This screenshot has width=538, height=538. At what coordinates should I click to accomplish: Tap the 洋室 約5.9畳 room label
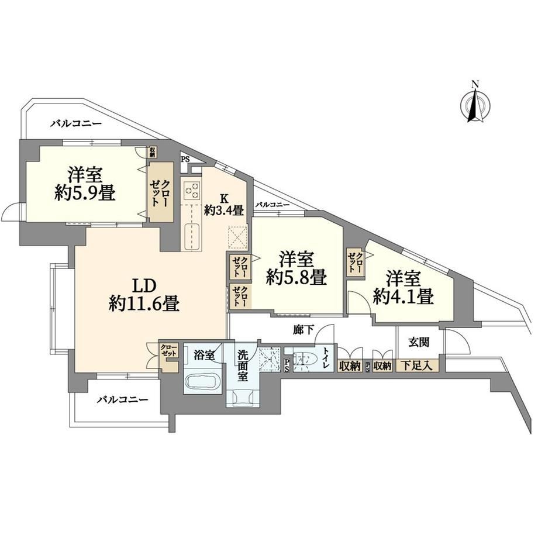point(84,184)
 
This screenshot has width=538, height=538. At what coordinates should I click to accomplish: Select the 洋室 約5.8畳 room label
point(296,268)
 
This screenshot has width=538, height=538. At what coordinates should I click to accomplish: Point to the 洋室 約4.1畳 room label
point(403,288)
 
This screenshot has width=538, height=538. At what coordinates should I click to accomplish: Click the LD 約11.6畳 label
point(144,294)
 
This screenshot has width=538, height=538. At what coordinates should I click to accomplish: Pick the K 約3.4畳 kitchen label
point(224,204)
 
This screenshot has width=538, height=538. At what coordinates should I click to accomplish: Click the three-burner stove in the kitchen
point(191,191)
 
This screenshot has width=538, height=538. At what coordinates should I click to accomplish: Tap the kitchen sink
point(192,237)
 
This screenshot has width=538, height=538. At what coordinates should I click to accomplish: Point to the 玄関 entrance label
point(419,342)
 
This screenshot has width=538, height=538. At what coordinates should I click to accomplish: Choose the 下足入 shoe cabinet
point(417,365)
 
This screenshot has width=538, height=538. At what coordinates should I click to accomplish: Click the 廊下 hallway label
point(304,330)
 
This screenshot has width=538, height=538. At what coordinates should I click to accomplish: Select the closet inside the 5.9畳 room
point(160,192)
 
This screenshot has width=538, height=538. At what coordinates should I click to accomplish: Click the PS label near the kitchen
point(185,160)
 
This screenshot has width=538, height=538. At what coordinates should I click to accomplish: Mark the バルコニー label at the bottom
point(122,400)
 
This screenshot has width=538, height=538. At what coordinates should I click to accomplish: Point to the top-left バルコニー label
point(76,123)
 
